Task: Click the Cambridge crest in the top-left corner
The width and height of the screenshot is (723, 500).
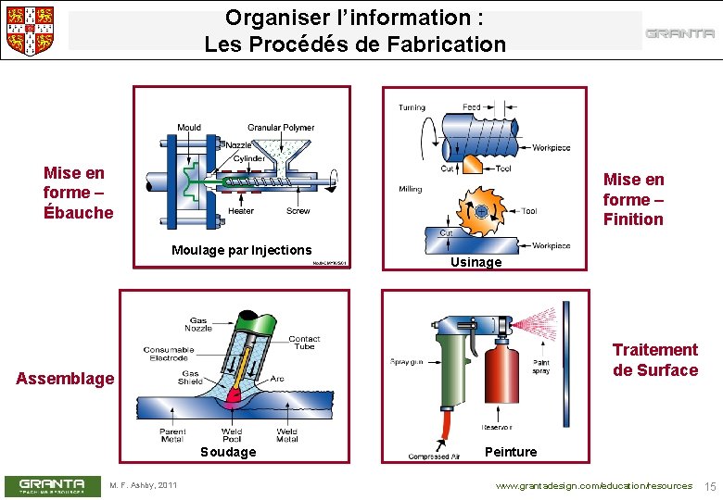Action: pyautogui.click(x=30, y=31)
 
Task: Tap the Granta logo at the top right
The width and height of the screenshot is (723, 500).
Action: pyautogui.click(x=679, y=34)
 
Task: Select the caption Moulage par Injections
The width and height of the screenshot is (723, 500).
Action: pyautogui.click(x=242, y=250)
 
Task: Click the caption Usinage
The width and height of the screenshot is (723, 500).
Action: pyautogui.click(x=476, y=262)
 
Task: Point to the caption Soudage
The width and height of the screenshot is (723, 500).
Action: pyautogui.click(x=228, y=452)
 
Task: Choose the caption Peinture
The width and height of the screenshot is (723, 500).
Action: pyautogui.click(x=511, y=452)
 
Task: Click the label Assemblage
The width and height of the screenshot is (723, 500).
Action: pyautogui.click(x=66, y=378)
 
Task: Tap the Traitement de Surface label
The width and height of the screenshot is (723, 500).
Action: pyautogui.click(x=654, y=360)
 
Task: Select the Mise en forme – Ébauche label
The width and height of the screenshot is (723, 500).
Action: pyautogui.click(x=78, y=193)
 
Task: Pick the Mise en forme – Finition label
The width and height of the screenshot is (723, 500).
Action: pyautogui.click(x=633, y=199)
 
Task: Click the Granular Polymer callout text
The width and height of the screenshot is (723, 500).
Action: pyautogui.click(x=280, y=128)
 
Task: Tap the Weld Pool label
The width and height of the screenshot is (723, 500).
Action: pyautogui.click(x=232, y=434)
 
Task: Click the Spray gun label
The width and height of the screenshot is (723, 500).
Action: pyautogui.click(x=406, y=362)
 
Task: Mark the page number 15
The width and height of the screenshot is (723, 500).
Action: pyautogui.click(x=711, y=486)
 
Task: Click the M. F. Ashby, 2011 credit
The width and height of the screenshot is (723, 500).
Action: pyautogui.click(x=144, y=486)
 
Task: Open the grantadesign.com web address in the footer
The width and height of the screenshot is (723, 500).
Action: pyautogui.click(x=593, y=486)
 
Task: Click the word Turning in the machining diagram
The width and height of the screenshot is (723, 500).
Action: pyautogui.click(x=412, y=107)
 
